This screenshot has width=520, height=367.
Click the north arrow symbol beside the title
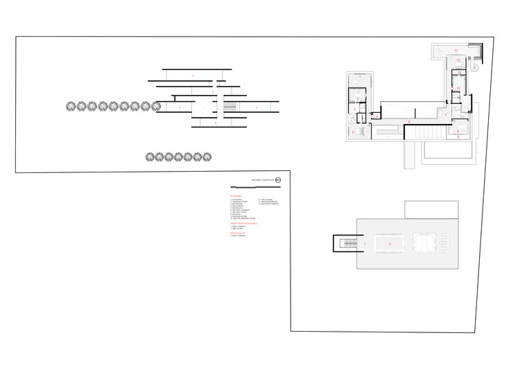pos(279,181)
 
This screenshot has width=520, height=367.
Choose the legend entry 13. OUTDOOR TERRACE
pos(270,204)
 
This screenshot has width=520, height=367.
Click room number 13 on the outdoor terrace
pos(455,51)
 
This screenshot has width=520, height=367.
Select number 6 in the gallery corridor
pos(409,122)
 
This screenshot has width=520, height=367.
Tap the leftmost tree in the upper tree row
pos(71,107)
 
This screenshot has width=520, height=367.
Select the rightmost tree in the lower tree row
pos(207,157)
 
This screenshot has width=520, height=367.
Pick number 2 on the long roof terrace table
pos(390,244)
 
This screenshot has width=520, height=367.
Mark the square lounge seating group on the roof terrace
pos(424,244)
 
